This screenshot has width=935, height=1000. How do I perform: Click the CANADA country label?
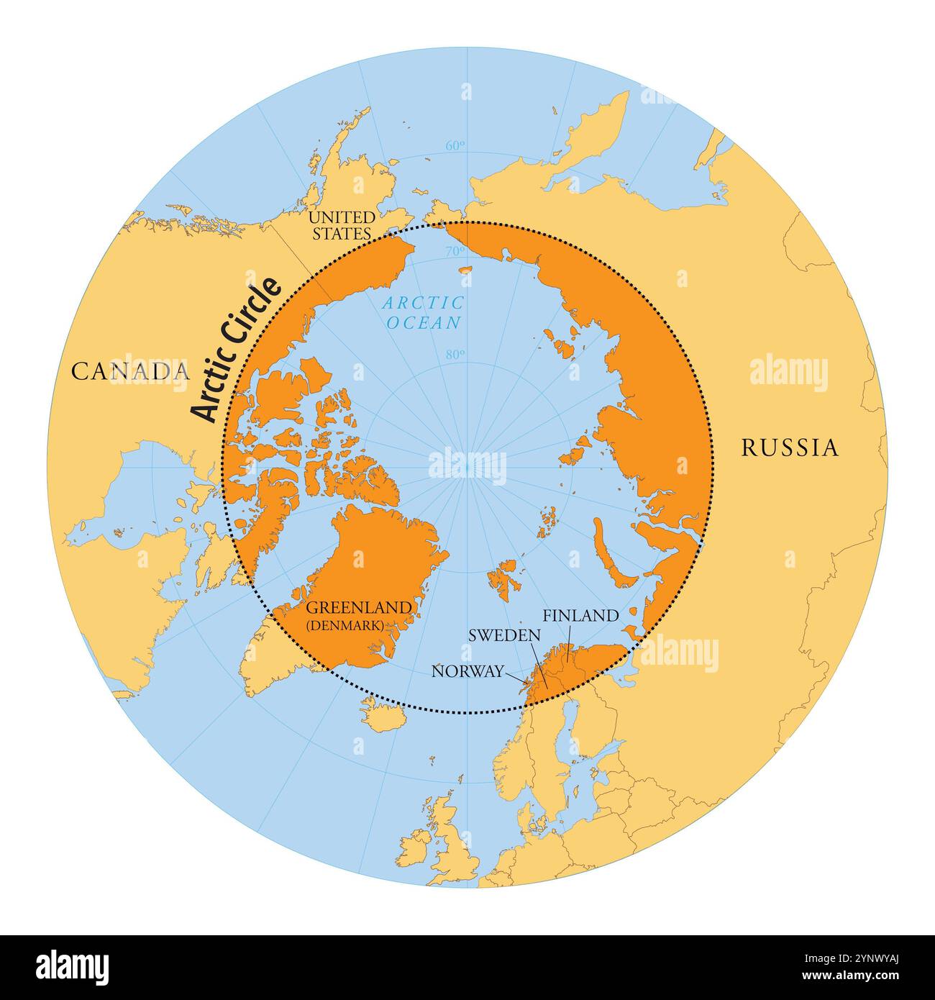point(130,371)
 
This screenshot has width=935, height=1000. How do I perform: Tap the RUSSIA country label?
point(790,448)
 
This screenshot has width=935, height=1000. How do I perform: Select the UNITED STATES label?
point(341,224)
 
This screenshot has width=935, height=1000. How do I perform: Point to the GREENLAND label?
point(360,608)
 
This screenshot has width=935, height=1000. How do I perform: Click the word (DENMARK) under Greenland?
point(345,625)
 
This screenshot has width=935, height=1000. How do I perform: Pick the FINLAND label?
point(580,616)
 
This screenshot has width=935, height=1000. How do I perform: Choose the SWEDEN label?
point(504,635)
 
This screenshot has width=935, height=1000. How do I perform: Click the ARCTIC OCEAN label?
point(424,313)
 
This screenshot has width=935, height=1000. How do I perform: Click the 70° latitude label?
point(455,251)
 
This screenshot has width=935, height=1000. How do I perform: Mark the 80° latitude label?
point(455,353)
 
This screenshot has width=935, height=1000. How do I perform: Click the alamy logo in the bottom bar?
point(73,966)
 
